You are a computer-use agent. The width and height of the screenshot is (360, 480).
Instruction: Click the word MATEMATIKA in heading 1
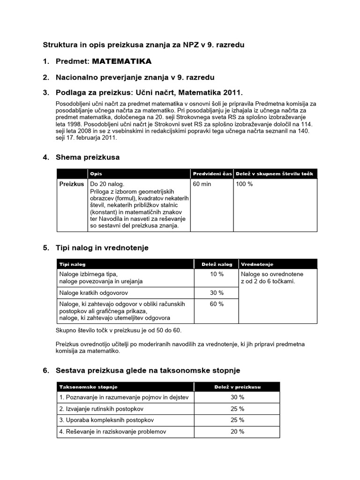point(121,61)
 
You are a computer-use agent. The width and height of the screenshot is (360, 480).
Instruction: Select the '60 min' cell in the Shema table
point(202,184)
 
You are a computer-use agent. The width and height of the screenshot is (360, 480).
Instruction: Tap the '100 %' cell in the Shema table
point(245,184)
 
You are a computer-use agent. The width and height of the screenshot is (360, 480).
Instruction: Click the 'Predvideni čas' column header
point(212,174)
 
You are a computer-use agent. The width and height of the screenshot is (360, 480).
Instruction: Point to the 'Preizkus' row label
point(72,184)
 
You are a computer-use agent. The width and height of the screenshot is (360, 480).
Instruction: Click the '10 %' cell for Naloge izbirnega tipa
point(217,274)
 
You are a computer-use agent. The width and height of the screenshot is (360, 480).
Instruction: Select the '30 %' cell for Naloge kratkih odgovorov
point(217,293)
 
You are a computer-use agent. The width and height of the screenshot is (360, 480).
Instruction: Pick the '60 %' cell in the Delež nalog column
point(217,304)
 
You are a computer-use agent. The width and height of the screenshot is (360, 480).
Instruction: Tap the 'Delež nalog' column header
point(217,264)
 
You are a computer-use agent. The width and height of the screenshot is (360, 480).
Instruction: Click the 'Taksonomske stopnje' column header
point(88,387)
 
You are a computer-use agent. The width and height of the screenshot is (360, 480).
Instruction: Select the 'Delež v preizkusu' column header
point(237,387)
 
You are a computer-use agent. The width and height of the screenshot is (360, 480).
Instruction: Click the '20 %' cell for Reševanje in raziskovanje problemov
point(237,432)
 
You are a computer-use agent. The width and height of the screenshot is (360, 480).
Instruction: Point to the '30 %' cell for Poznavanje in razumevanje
point(237,397)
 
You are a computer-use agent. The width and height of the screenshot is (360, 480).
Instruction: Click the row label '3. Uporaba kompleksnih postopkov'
point(106,420)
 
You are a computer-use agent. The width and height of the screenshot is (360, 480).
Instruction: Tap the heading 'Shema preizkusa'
point(88,157)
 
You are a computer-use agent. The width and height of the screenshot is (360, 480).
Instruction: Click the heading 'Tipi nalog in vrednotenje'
point(102,248)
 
